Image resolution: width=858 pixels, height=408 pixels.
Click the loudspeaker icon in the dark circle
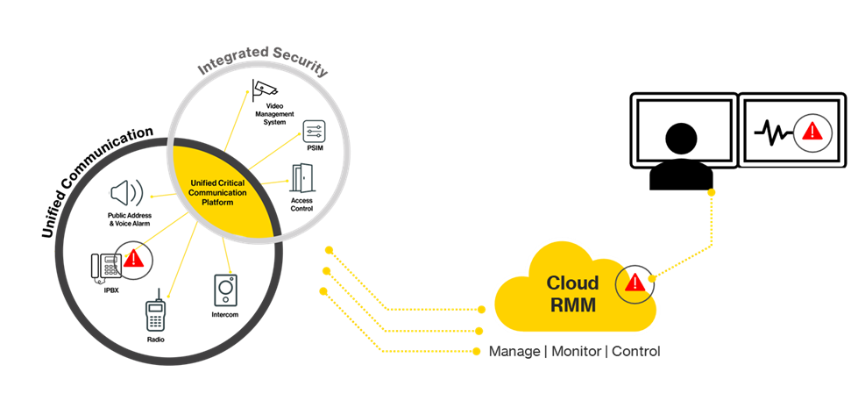click(126, 193)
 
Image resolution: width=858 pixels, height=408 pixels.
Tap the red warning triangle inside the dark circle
click(133, 259)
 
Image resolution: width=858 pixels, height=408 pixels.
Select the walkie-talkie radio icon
click(155, 311)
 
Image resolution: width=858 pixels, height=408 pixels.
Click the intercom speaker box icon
click(225, 290)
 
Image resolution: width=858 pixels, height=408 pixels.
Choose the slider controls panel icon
click(313, 132)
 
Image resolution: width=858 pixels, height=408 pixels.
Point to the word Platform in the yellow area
click(220, 202)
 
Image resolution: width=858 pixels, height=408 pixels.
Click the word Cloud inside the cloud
click(572, 283)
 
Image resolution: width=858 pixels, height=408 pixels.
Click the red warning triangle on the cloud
click(635, 283)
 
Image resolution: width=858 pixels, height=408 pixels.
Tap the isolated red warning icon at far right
click(812, 132)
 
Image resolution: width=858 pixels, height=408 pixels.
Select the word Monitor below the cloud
click(576, 352)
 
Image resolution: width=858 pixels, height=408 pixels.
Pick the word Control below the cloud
click(635, 352)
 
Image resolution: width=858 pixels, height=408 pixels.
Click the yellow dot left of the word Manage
click(477, 352)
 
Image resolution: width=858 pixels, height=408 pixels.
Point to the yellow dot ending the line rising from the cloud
click(712, 192)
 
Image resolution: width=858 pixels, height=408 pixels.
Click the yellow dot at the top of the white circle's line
click(247, 92)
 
